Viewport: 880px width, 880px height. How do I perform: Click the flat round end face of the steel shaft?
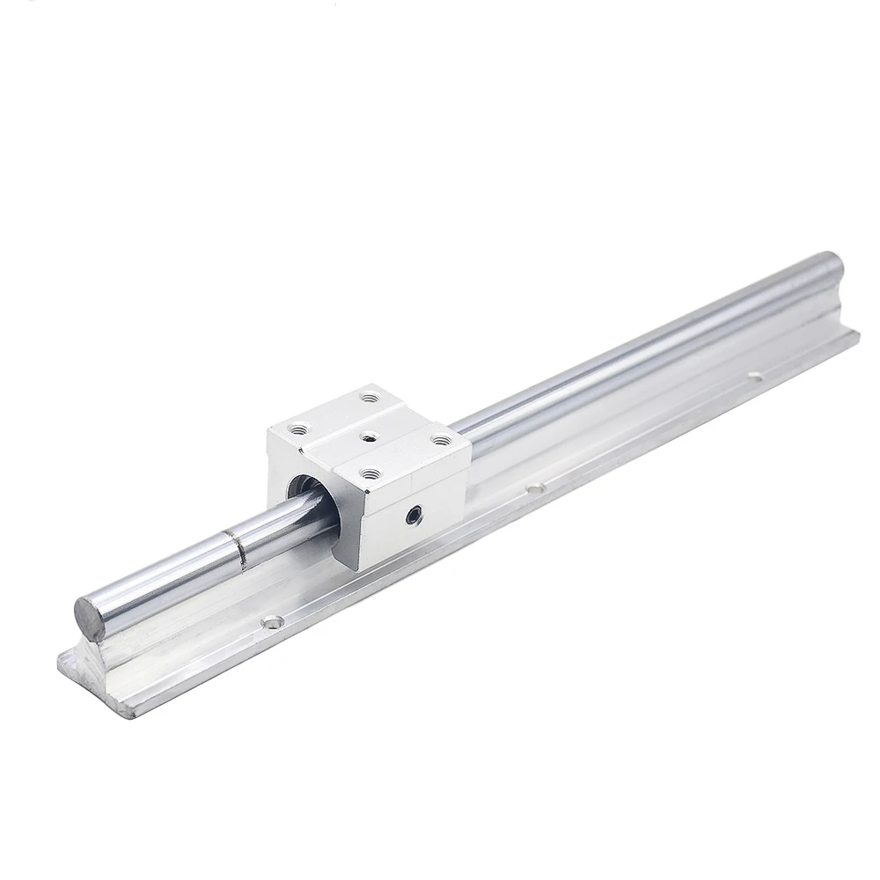coord(90,608)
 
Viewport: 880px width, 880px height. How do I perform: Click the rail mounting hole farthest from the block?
coord(754,377)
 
